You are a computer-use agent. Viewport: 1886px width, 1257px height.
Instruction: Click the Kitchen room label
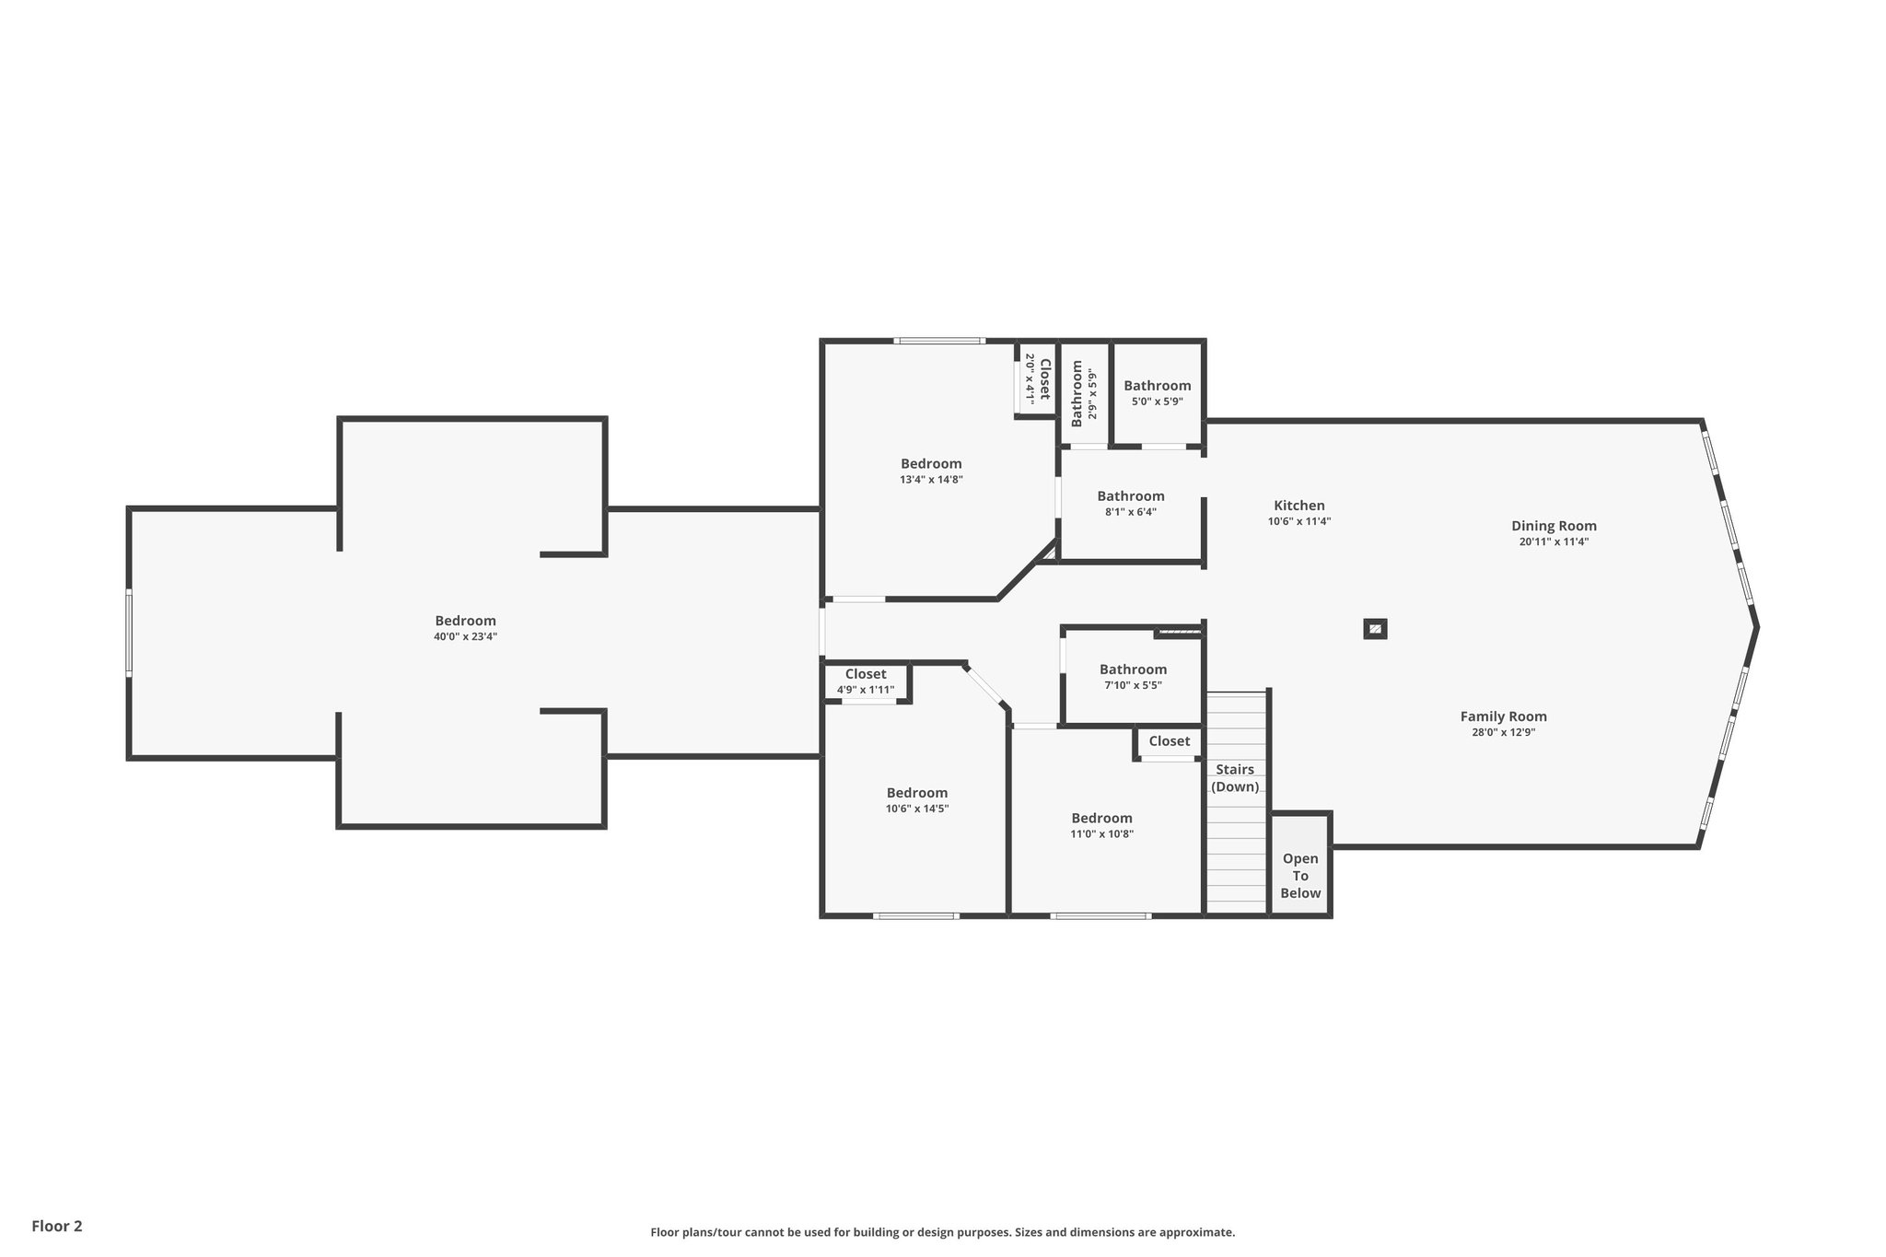pyautogui.click(x=1298, y=506)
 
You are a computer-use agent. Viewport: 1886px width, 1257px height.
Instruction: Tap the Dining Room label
pyautogui.click(x=1554, y=527)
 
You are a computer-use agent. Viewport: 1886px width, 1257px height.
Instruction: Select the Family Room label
pyautogui.click(x=1503, y=716)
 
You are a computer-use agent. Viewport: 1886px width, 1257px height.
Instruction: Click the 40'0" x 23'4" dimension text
pyautogui.click(x=465, y=636)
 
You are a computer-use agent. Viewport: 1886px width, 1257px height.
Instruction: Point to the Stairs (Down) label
pyautogui.click(x=1235, y=778)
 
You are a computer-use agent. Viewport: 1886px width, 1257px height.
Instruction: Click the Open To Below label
pyautogui.click(x=1300, y=875)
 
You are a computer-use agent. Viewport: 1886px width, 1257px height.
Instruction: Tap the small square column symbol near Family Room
pyautogui.click(x=1375, y=629)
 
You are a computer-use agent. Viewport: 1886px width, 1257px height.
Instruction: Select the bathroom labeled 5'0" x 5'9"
pyautogui.click(x=1157, y=393)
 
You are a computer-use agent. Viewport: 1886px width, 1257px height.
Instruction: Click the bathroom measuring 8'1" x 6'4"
pyautogui.click(x=1131, y=504)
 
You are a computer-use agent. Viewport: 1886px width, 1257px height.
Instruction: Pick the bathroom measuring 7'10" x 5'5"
pyautogui.click(x=1133, y=677)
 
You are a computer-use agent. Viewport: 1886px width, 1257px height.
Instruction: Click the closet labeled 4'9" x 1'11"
pyautogui.click(x=866, y=681)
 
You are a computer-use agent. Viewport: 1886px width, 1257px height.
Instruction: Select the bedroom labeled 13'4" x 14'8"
pyautogui.click(x=931, y=471)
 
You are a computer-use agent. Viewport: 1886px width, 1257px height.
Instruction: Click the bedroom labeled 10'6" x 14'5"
pyautogui.click(x=916, y=800)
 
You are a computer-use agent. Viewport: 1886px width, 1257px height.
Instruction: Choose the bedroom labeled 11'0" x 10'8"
pyautogui.click(x=1101, y=825)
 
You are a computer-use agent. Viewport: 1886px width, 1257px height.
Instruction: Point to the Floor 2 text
pyautogui.click(x=57, y=1226)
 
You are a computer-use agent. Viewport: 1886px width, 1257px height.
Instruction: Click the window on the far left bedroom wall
pyautogui.click(x=129, y=634)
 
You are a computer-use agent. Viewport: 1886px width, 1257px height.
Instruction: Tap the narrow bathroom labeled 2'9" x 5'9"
pyautogui.click(x=1084, y=390)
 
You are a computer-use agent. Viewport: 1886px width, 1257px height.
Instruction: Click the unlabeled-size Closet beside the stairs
pyautogui.click(x=1169, y=741)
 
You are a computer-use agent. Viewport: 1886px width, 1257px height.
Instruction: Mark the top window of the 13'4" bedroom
pyautogui.click(x=939, y=341)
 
